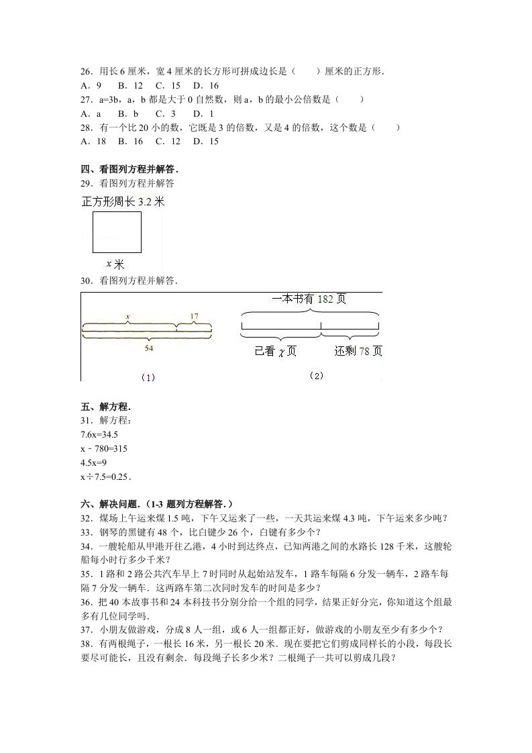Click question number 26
pos(85,71)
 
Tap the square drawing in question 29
pos(117,232)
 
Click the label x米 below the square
pos(115,264)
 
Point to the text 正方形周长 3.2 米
pos(123,201)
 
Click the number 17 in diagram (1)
pos(194,316)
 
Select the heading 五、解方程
pos(105,407)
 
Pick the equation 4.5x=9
pos(93,463)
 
